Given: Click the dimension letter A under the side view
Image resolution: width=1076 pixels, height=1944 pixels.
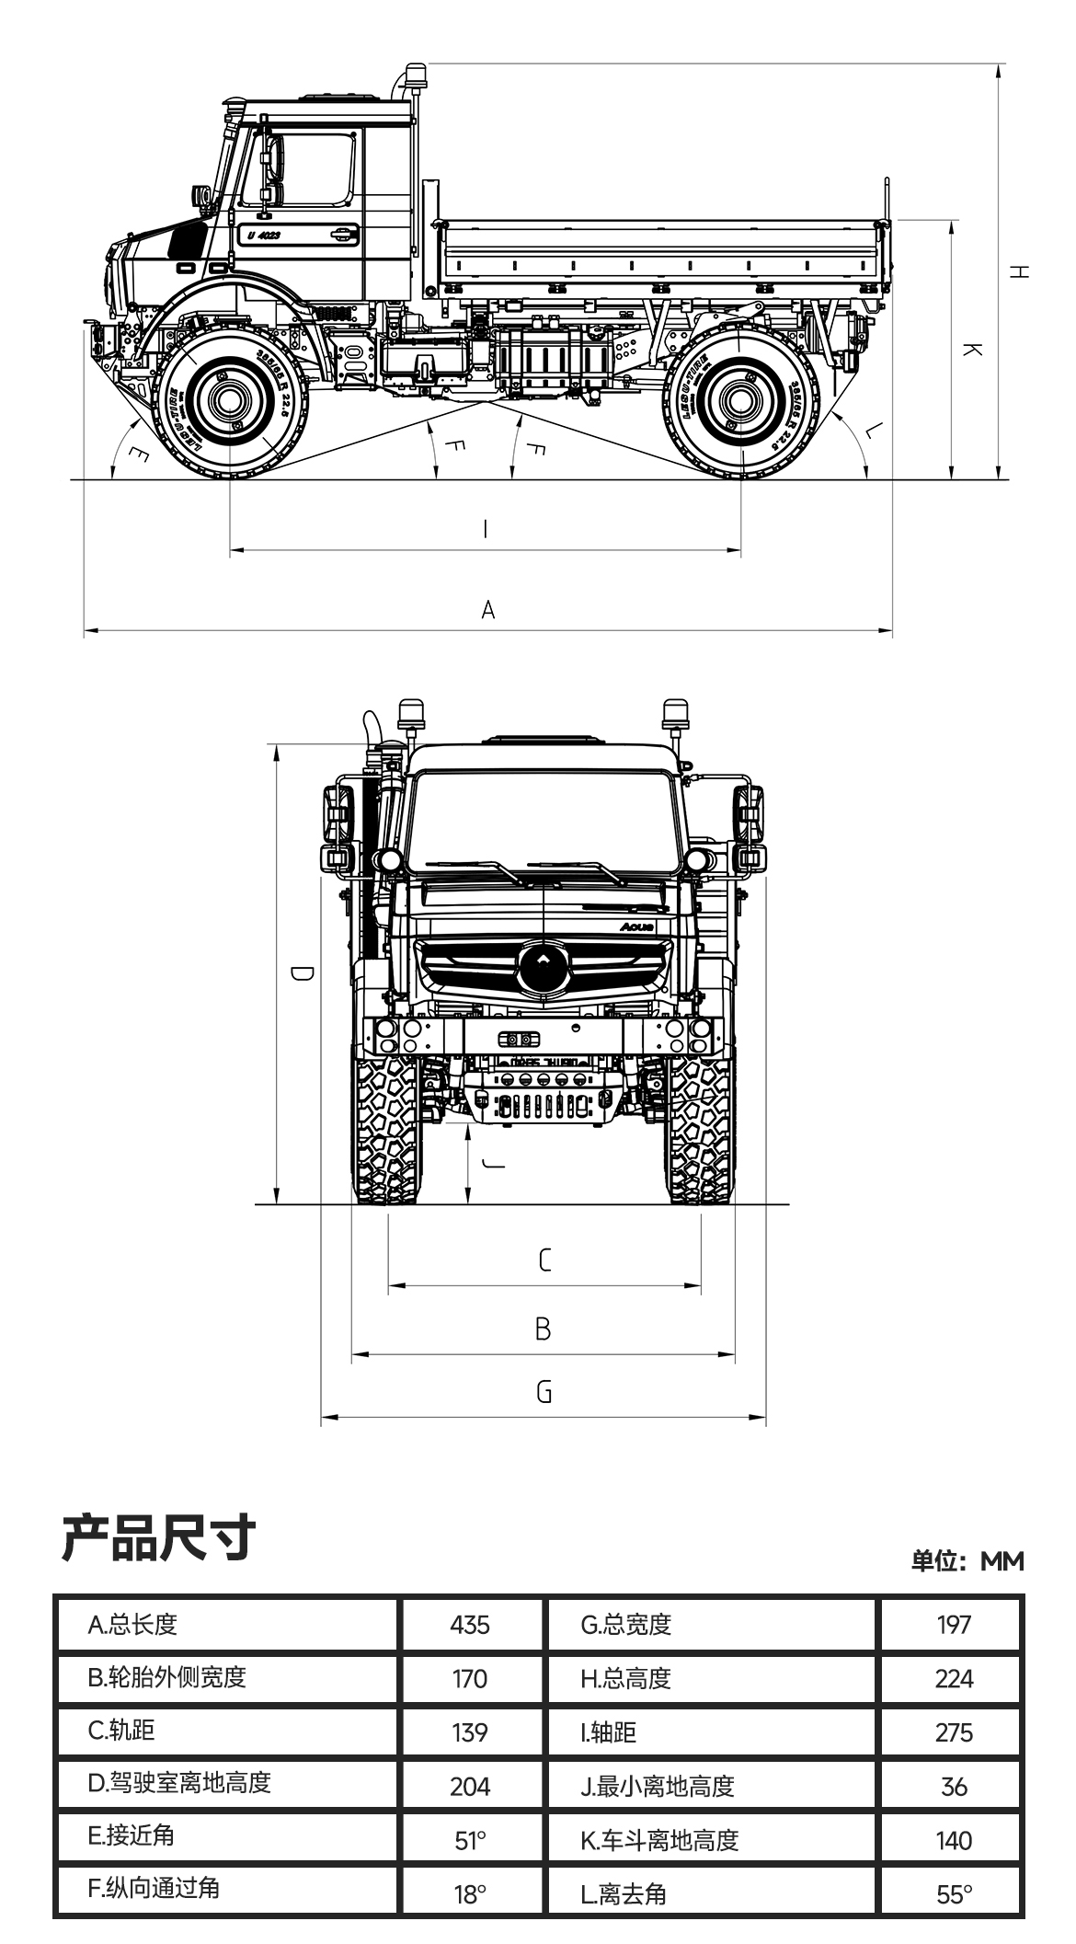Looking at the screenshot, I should (488, 609).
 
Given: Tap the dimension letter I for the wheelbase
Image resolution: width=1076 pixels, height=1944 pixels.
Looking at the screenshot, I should (486, 529).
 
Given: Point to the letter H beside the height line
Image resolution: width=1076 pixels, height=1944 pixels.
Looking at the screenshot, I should (1019, 271).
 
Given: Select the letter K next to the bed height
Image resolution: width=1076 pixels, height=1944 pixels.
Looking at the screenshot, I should (973, 350).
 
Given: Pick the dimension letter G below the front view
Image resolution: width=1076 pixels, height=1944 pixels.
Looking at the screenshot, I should (544, 1392).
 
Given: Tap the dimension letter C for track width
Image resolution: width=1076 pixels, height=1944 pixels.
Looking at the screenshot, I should (544, 1260).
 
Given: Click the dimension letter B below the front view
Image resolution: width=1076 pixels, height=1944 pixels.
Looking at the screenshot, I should (544, 1329).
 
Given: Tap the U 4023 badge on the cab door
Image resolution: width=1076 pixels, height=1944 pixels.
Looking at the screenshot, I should (264, 236).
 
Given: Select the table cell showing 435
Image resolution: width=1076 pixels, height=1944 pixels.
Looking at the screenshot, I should (470, 1625).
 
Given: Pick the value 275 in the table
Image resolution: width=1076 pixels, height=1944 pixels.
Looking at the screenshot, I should (954, 1732).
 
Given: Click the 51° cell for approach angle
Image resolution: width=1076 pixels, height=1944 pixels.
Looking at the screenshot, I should (470, 1840).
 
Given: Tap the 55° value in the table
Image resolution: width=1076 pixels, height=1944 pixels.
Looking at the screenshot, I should (954, 1894).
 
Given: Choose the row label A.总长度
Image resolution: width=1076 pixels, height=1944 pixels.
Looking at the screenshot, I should (132, 1625).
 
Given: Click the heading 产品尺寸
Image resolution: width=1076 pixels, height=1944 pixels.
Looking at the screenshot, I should (158, 1537).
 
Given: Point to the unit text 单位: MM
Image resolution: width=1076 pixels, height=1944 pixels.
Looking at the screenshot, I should (967, 1561).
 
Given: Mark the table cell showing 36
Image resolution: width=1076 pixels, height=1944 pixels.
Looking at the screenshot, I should (954, 1787).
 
